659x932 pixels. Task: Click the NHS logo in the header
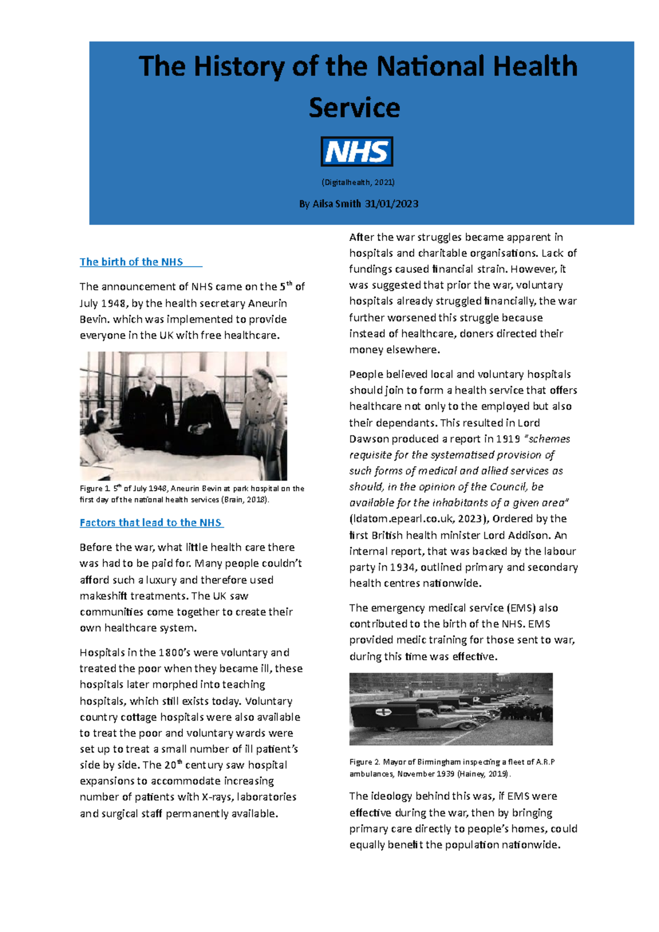click(x=356, y=151)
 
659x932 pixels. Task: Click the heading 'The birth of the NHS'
click(x=131, y=262)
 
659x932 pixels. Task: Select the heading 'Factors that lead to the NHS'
click(x=150, y=523)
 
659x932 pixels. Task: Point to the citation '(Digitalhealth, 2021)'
click(x=358, y=182)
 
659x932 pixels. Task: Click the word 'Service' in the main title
click(x=354, y=108)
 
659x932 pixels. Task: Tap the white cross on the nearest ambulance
click(x=382, y=712)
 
